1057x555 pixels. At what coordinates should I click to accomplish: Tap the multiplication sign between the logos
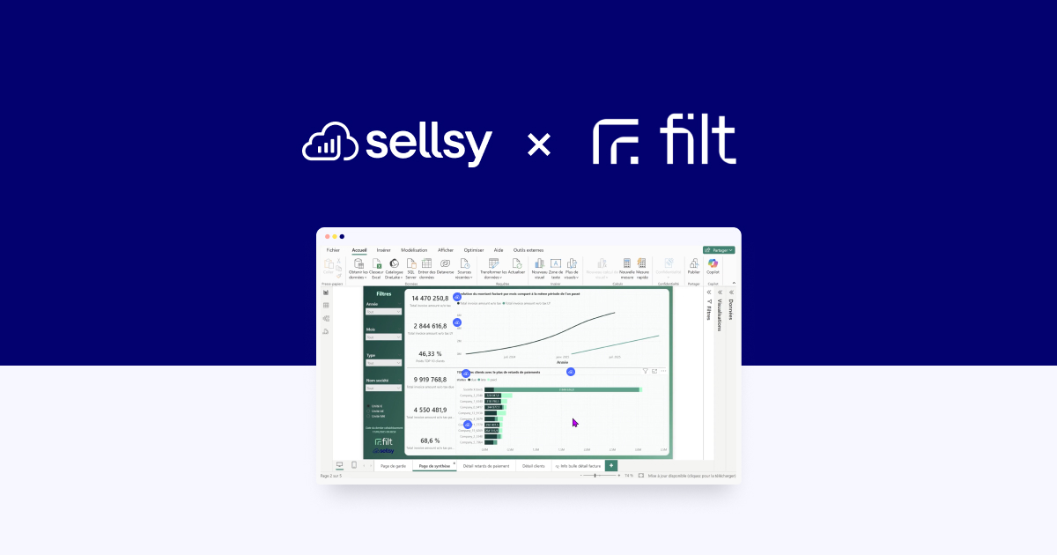coord(537,144)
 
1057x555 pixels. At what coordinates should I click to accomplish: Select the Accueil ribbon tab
coord(359,250)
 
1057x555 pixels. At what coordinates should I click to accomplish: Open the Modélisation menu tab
coord(414,250)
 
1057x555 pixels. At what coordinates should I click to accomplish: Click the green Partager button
coord(719,250)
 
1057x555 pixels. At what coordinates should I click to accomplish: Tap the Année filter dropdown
coord(383,311)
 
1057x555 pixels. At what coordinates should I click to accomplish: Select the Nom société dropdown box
coord(383,388)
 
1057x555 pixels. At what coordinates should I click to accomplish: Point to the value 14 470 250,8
coord(430,299)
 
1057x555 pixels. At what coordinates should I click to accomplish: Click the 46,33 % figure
coord(430,353)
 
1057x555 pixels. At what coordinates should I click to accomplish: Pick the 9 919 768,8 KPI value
coord(430,381)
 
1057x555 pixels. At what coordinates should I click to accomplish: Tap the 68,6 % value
coord(430,440)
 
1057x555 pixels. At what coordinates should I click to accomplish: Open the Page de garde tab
coord(393,465)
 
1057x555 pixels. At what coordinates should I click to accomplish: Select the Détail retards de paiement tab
coord(486,465)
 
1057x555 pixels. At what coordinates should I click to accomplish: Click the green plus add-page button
coord(611,465)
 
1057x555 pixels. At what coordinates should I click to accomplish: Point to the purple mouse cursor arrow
coord(575,423)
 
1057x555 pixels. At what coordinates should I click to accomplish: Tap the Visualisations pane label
coord(720,312)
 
